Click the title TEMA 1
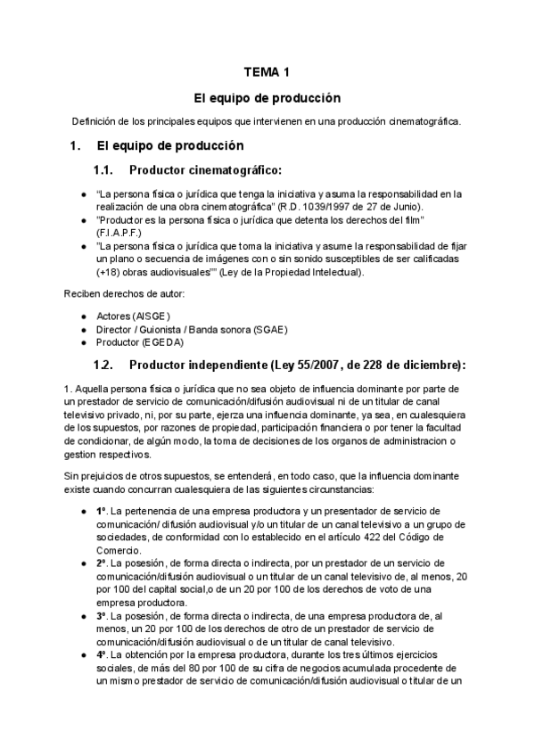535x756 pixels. click(267, 71)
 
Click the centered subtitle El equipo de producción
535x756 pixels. click(267, 97)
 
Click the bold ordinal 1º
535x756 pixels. click(102, 512)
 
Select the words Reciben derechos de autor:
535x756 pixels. click(119, 293)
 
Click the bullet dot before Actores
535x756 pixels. click(84, 316)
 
